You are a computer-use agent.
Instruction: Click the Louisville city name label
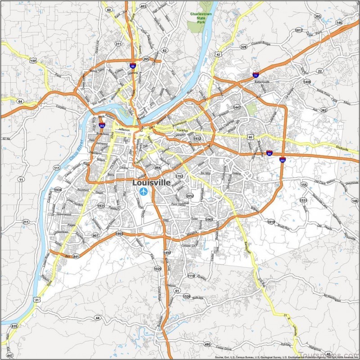pyautogui.click(x=151, y=183)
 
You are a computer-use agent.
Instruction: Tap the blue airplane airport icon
pyautogui.click(x=144, y=192)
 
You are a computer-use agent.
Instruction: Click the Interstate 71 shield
pyautogui.click(x=256, y=76)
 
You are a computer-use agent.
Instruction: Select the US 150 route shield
pyautogui.click(x=33, y=60)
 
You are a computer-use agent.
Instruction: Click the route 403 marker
pyautogui.click(x=143, y=6)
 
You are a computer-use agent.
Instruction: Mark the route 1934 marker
pyautogui.click(x=58, y=190)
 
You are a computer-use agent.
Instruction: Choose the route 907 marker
pyautogui.click(x=95, y=235)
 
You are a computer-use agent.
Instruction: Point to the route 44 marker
pyautogui.click(x=97, y=318)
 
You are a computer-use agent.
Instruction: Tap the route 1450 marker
pyautogui.click(x=167, y=253)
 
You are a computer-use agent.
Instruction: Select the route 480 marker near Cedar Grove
pyautogui.click(x=207, y=344)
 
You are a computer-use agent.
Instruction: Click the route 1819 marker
pyautogui.click(x=271, y=222)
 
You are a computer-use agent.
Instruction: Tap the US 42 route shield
pyautogui.click(x=218, y=54)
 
